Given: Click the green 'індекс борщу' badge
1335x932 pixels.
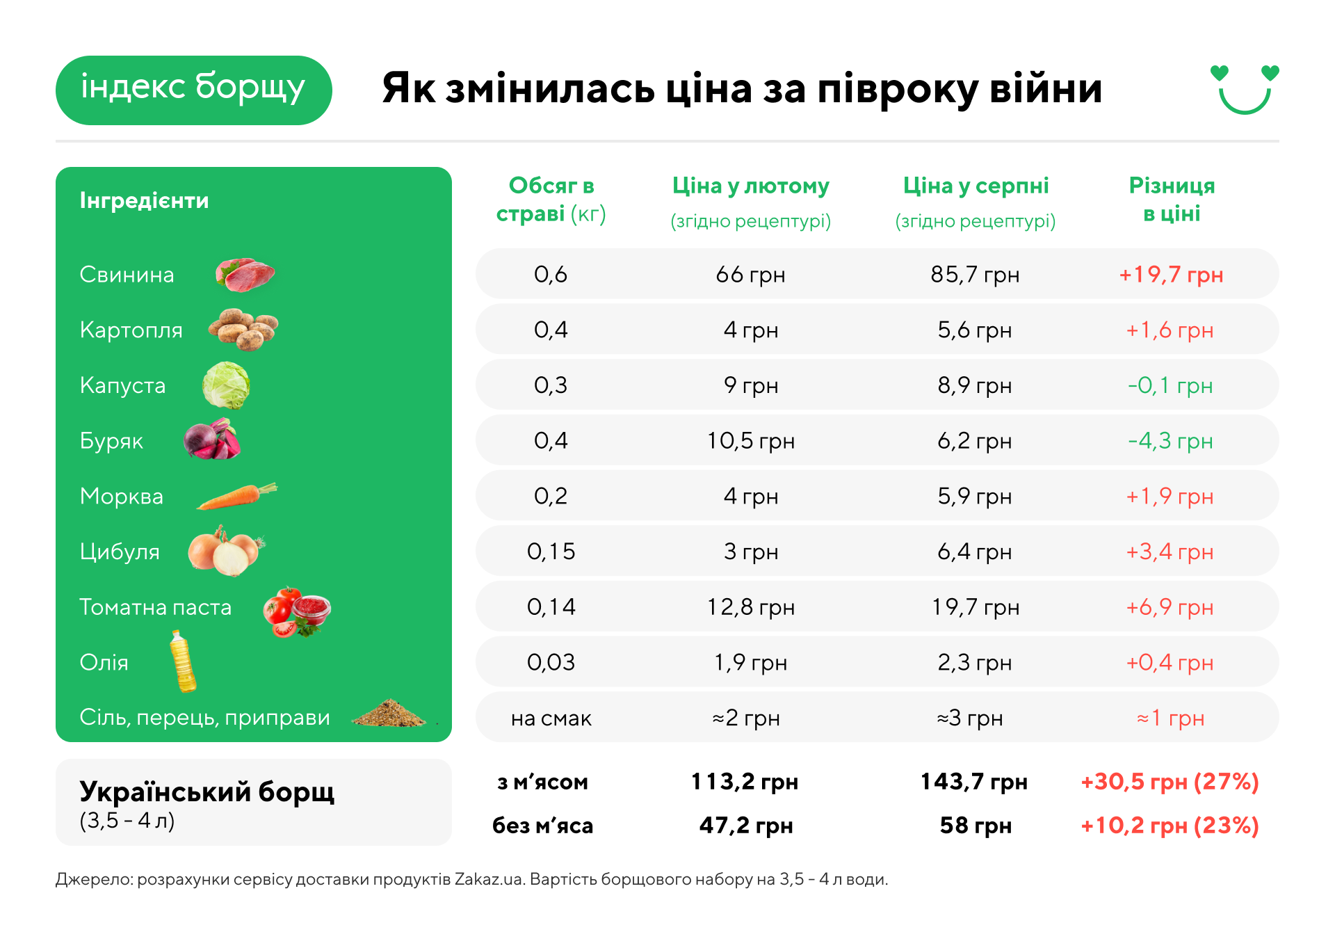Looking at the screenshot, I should click(x=193, y=90).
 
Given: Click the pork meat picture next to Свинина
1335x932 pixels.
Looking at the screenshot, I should click(x=245, y=274).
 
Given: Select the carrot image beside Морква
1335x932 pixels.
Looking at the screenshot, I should click(x=237, y=496).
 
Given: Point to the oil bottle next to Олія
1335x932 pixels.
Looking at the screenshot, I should click(x=183, y=661).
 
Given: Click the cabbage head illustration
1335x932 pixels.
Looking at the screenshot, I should click(x=226, y=385).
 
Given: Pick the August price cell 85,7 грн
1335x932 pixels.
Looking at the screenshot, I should click(x=975, y=275).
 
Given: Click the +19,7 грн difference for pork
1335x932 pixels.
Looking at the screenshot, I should click(x=1171, y=275).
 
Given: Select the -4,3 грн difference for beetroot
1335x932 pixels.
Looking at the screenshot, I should click(x=1170, y=441).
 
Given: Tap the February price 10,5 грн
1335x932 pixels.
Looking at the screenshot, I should click(x=751, y=441).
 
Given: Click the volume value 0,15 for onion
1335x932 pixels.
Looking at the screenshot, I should click(x=551, y=552).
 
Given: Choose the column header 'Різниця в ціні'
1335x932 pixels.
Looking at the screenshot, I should click(x=1172, y=200).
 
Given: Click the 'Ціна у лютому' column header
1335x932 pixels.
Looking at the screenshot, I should click(x=751, y=186).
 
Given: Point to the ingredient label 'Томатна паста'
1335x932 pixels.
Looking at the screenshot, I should click(x=155, y=607).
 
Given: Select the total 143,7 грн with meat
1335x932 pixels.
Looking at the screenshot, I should click(x=974, y=782).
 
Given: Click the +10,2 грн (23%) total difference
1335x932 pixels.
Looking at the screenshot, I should click(x=1170, y=826).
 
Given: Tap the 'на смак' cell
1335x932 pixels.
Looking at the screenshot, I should click(x=551, y=718).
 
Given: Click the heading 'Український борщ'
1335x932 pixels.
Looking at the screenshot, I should click(x=207, y=792).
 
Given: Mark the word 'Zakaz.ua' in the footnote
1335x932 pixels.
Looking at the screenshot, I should click(x=488, y=879).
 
